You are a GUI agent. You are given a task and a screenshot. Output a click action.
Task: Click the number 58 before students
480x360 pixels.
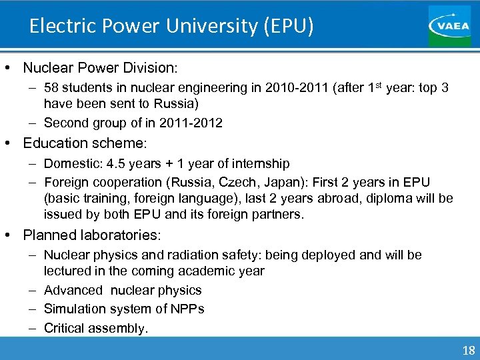51,87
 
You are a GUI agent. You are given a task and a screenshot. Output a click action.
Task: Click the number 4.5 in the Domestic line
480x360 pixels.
112,163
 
